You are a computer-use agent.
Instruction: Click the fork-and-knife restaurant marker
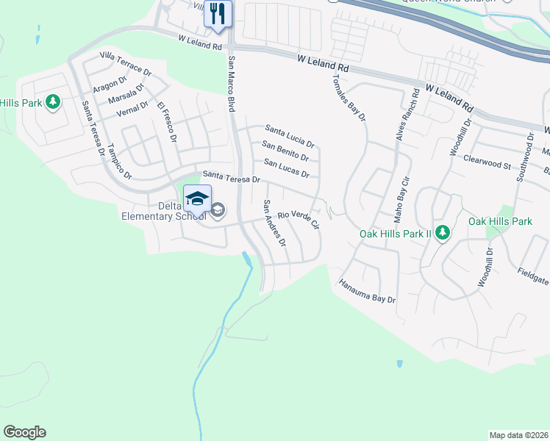pos(218,13)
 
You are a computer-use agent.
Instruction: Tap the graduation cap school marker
pos(197,198)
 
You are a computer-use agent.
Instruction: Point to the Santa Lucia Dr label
pos(290,135)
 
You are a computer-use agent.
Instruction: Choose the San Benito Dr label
pos(285,151)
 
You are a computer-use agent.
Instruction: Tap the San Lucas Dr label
pos(286,170)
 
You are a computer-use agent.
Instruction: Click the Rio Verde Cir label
pos(297,218)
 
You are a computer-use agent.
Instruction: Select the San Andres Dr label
pos(274,222)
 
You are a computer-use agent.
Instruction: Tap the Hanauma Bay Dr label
pos(367,291)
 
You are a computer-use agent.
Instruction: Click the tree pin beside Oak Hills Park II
pos(442,233)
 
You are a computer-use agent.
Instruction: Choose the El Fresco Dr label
pos(167,122)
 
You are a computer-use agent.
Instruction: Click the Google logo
pos(24,432)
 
